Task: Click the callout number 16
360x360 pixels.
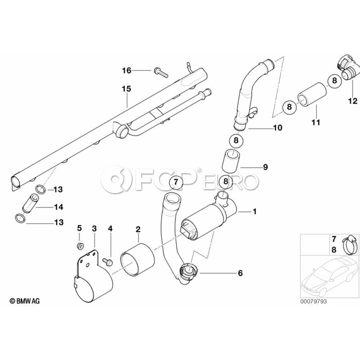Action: [126, 71]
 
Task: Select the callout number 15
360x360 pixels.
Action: [126, 89]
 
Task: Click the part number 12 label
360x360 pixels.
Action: [352, 101]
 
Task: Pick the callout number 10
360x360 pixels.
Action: [277, 128]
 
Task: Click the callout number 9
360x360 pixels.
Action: [265, 167]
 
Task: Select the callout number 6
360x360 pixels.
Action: [240, 273]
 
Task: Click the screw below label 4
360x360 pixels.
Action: [108, 261]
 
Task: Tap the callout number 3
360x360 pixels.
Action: [94, 228]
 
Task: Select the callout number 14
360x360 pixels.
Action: [59, 207]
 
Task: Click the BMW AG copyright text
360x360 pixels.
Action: [24, 300]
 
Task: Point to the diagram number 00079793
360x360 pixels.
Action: [314, 301]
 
